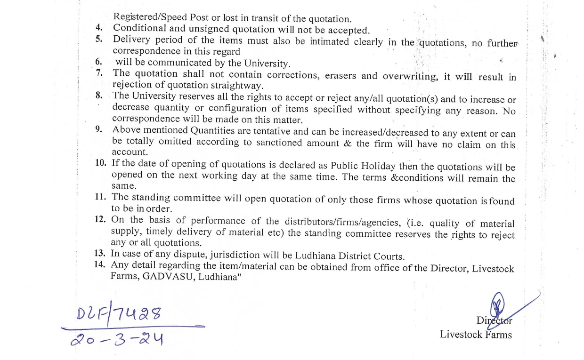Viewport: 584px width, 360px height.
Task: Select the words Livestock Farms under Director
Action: (476, 335)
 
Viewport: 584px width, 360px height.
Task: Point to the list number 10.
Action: (100, 163)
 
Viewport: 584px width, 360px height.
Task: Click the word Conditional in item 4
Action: (139, 28)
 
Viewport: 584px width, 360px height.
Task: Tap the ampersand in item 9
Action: (348, 143)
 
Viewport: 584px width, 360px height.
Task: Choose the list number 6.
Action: (98, 62)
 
